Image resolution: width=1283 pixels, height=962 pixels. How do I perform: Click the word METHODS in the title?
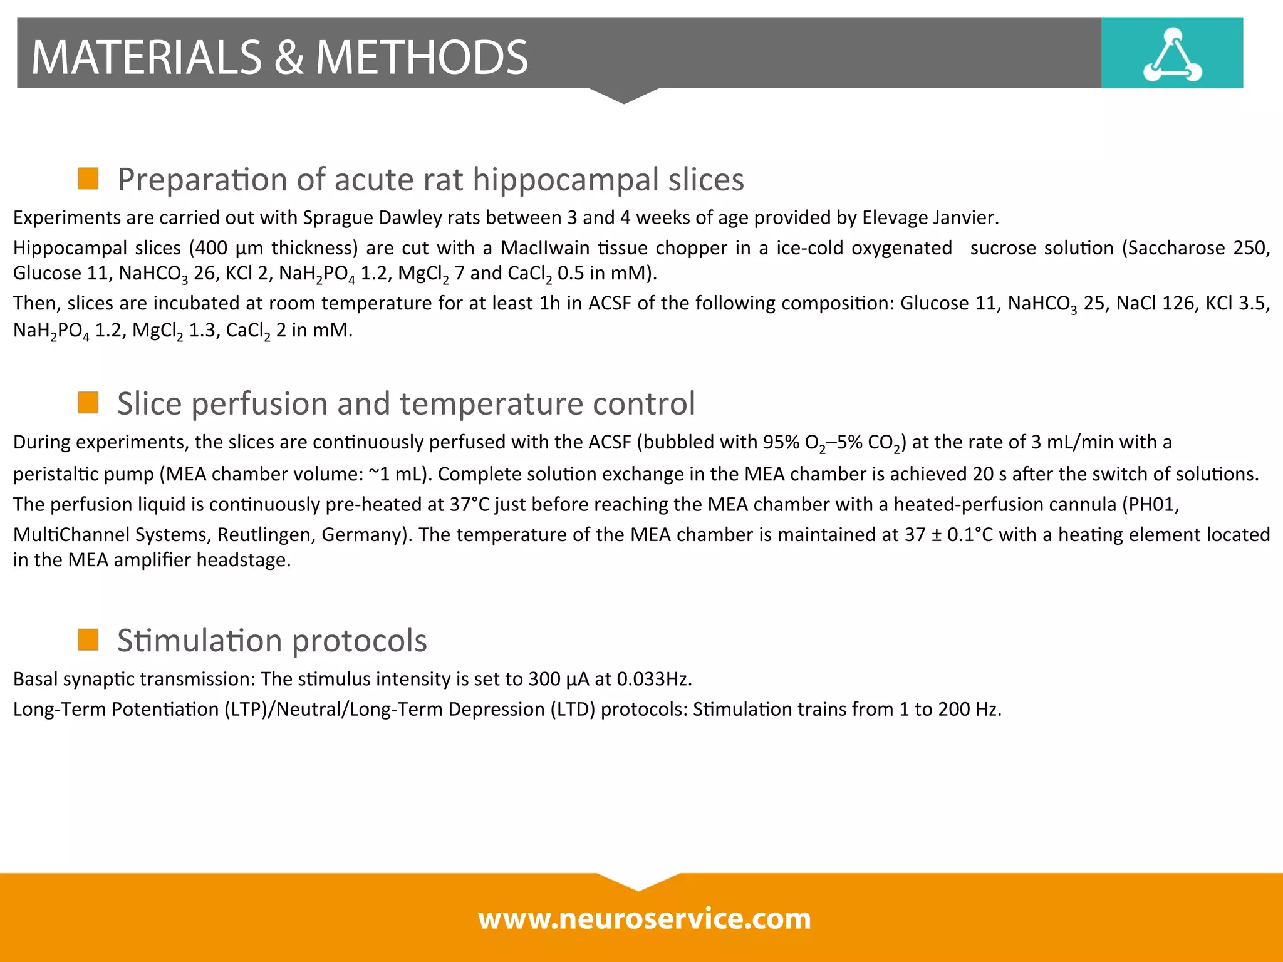[422, 58]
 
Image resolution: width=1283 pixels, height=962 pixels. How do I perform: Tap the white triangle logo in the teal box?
[1172, 56]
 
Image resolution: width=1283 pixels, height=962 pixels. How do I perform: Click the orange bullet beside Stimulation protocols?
[88, 640]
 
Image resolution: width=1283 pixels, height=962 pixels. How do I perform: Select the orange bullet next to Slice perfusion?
[88, 403]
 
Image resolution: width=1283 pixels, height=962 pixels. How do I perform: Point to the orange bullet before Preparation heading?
[88, 178]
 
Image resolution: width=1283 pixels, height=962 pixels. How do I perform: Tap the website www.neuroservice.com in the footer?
[644, 919]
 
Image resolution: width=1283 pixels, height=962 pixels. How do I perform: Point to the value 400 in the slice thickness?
[211, 248]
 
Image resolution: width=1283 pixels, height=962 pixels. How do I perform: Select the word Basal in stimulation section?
[35, 679]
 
